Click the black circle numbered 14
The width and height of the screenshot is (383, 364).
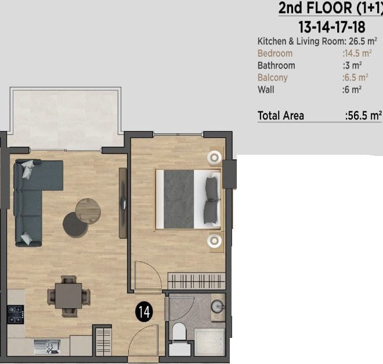144,312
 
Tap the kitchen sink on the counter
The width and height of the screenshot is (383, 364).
47,347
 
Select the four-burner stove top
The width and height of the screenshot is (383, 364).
16,315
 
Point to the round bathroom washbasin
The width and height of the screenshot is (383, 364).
217,307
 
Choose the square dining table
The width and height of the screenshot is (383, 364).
68,296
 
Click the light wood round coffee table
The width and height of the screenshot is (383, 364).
88,211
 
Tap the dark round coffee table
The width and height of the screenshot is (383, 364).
75,225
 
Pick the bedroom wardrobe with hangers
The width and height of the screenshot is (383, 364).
196,281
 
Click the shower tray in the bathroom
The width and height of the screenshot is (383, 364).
209,341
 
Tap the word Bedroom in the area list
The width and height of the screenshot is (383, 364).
275,53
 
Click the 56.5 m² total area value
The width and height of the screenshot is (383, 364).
363,115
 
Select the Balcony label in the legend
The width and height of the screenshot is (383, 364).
272,78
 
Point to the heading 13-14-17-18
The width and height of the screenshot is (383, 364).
332,27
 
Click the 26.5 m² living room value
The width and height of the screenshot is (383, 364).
363,41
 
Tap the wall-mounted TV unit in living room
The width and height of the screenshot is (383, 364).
123,203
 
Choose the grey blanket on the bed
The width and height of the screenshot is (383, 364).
179,199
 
